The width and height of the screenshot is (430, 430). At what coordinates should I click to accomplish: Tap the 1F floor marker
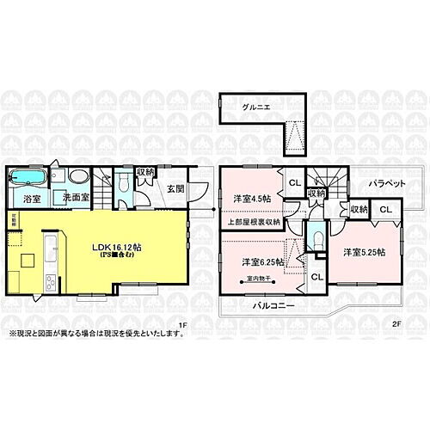point(181,324)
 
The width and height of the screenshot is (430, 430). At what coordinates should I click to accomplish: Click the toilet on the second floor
point(318,238)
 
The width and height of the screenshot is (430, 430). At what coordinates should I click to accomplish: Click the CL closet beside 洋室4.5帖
point(292,182)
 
